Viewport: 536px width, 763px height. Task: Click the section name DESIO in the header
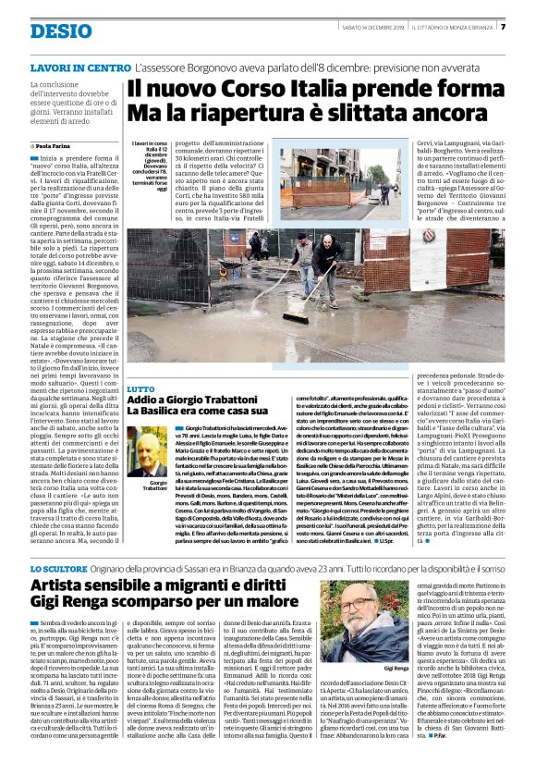click(60, 31)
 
